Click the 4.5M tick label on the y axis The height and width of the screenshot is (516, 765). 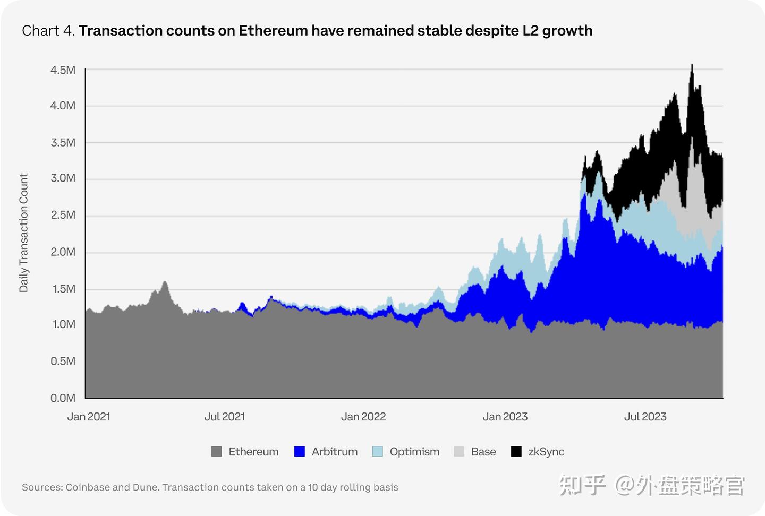[x=63, y=70]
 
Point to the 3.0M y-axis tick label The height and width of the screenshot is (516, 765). [x=63, y=178]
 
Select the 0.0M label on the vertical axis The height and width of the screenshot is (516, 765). [x=63, y=398]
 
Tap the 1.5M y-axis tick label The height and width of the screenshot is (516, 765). [x=63, y=289]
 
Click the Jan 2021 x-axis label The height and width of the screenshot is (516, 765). [x=89, y=417]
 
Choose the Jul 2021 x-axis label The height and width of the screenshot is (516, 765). [x=225, y=417]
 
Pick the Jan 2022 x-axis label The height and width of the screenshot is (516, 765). [x=363, y=417]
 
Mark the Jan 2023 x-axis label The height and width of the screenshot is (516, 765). [x=505, y=417]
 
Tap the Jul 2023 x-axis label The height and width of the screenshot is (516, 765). [x=645, y=417]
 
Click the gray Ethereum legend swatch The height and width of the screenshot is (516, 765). [x=217, y=452]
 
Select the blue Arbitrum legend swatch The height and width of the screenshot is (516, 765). [x=300, y=452]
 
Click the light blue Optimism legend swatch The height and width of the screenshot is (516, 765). [x=378, y=452]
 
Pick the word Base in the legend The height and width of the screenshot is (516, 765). [x=483, y=452]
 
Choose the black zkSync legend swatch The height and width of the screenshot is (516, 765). [x=516, y=452]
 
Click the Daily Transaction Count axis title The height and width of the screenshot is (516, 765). [x=23, y=233]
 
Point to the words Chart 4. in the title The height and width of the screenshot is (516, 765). [x=48, y=31]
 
